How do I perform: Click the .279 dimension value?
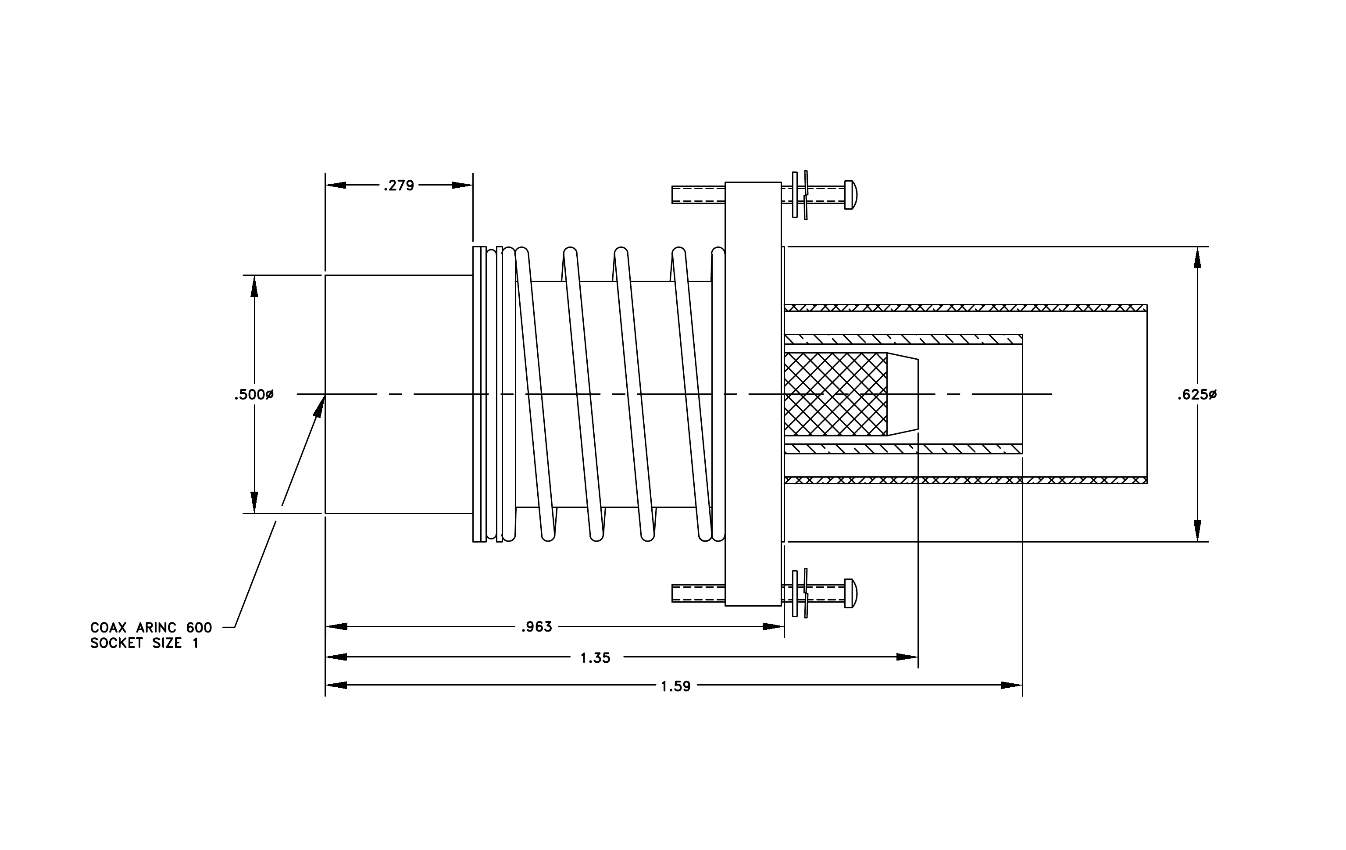[x=399, y=186]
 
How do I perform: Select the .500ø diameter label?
[x=254, y=395]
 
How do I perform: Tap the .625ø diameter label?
[x=1197, y=395]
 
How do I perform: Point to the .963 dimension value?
[x=537, y=627]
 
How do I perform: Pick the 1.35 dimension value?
[x=595, y=658]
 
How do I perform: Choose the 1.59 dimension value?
[x=676, y=686]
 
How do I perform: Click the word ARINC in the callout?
[x=156, y=628]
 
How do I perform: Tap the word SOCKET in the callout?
[x=117, y=643]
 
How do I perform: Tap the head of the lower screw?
[x=851, y=593]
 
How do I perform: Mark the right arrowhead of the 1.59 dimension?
[x=1011, y=685]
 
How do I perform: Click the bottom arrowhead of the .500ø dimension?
[x=254, y=502]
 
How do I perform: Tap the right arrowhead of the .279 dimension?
[x=462, y=185]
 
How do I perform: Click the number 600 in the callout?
[x=199, y=628]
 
